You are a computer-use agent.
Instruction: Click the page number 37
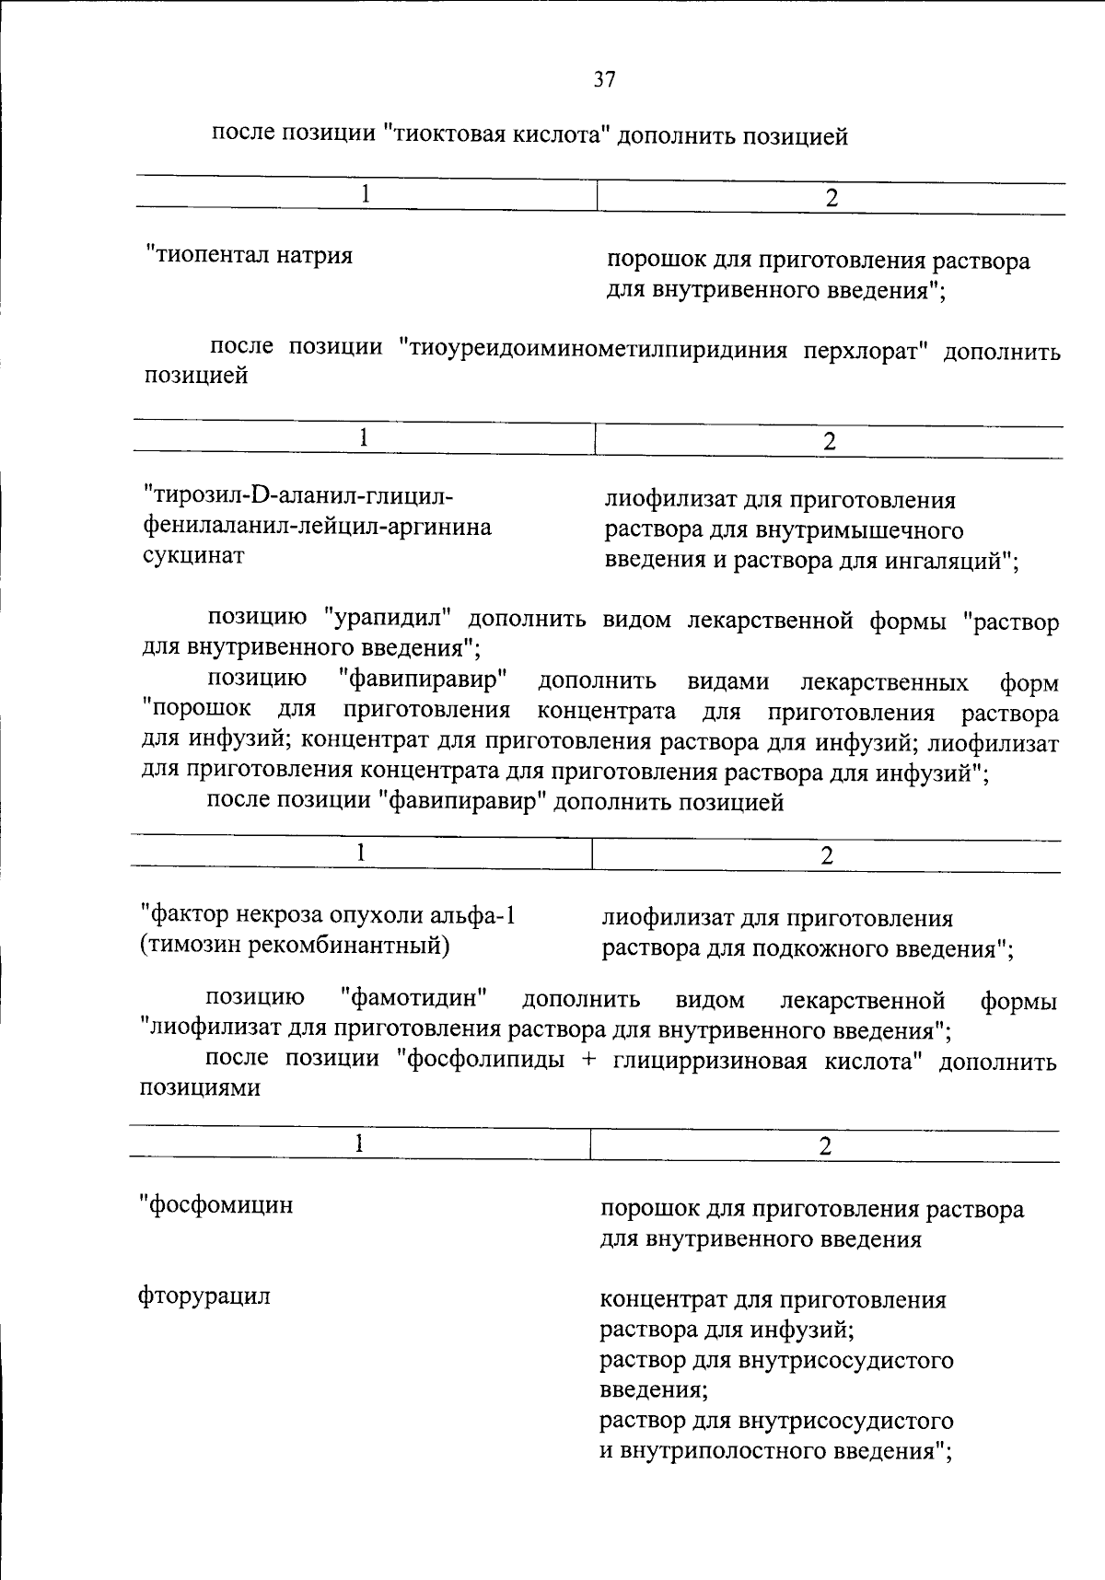[x=604, y=80]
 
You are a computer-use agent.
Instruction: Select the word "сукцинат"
[x=193, y=556]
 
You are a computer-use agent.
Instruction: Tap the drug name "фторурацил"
[x=204, y=1296]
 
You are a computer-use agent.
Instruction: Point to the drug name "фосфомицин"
[x=217, y=1204]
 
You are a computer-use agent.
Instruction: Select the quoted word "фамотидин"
[x=413, y=998]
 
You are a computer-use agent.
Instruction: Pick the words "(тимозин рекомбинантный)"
[x=295, y=946]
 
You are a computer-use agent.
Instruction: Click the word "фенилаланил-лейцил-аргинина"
[x=317, y=527]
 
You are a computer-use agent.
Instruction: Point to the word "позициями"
[x=200, y=1087]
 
